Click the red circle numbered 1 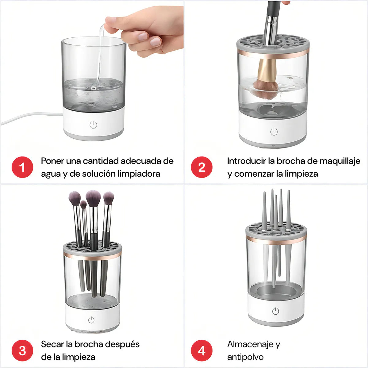(22, 167)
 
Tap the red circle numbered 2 (201, 167)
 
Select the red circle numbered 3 (22, 351)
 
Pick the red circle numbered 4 (201, 351)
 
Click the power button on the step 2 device (274, 132)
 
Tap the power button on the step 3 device (91, 320)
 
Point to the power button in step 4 (275, 311)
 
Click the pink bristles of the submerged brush (266, 89)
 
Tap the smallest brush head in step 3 (83, 205)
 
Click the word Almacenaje (250, 344)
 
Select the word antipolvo (245, 357)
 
